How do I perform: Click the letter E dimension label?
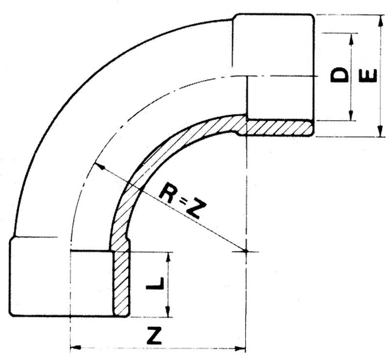tap(368, 76)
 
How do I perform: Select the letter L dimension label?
tap(155, 283)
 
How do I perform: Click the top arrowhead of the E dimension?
tap(381, 21)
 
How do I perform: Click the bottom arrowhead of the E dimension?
tap(380, 131)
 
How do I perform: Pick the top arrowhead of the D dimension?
tap(351, 39)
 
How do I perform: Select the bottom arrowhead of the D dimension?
tap(351, 115)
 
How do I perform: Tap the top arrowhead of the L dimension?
tap(169, 257)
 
